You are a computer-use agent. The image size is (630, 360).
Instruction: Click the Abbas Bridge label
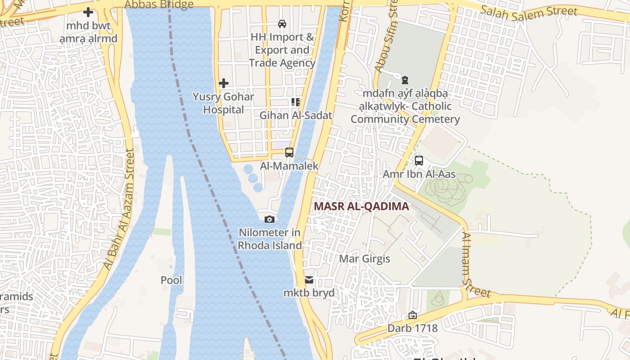[159, 5]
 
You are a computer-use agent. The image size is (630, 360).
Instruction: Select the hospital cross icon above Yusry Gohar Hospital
[223, 83]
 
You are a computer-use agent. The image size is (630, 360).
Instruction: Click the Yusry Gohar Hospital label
[223, 103]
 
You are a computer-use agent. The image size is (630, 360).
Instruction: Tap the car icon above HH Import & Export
[282, 24]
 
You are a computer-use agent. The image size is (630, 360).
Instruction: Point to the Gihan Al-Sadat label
[296, 115]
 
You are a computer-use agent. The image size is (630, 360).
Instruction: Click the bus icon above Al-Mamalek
[289, 153]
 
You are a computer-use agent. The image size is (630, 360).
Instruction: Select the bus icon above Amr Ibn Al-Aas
[419, 161]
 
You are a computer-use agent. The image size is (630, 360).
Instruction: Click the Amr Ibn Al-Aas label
[419, 174]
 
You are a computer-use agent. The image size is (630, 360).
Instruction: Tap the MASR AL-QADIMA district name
[361, 207]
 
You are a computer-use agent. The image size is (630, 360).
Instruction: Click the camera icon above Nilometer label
[270, 219]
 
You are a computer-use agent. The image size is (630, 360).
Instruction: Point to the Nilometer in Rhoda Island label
[270, 239]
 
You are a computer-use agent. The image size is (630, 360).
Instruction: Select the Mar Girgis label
[364, 259]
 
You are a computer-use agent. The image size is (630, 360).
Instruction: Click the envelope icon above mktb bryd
[309, 280]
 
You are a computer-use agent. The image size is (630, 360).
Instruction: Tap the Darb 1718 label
[412, 328]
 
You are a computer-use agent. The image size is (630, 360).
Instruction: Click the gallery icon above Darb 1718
[413, 315]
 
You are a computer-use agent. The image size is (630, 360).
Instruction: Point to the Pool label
[171, 280]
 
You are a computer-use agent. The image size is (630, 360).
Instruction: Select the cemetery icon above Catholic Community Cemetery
[405, 81]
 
